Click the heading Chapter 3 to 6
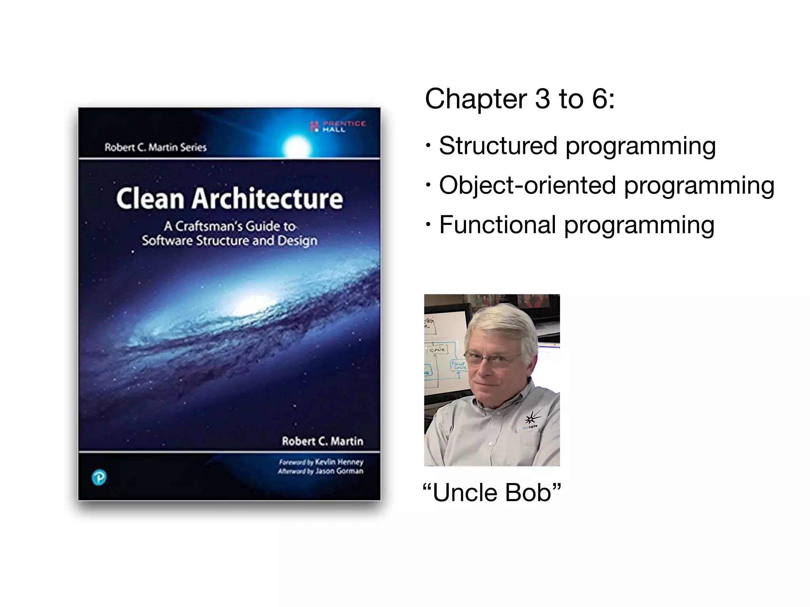click(519, 98)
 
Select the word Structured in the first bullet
click(498, 145)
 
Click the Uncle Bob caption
click(492, 493)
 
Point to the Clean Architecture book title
click(229, 198)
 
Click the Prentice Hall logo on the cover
click(339, 126)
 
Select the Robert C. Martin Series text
click(155, 147)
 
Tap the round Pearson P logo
click(99, 478)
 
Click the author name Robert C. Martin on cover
click(322, 441)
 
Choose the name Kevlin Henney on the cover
click(339, 462)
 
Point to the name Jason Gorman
click(339, 471)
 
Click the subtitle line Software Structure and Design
click(229, 240)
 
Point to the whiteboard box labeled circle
click(437, 349)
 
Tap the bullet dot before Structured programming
click(428, 145)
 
